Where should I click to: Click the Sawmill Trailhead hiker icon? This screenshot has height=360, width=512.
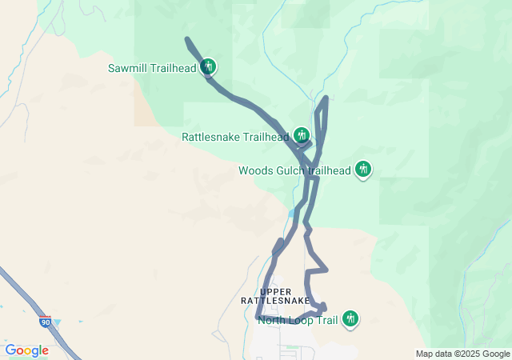coord(208,66)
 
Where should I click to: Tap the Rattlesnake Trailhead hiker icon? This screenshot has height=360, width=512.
coord(302,135)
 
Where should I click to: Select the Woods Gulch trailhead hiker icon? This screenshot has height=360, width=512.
coord(363,169)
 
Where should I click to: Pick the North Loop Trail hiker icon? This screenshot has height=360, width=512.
coord(350,319)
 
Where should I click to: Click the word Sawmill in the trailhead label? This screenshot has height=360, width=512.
coord(128,68)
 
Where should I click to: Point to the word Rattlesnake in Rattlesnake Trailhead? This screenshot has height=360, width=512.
coord(210,137)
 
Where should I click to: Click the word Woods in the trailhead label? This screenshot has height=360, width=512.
coord(256,170)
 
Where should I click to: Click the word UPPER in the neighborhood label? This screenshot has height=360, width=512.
coord(275,291)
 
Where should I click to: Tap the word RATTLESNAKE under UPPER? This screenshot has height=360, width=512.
coord(275,301)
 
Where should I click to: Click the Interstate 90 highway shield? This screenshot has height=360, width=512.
coord(45,322)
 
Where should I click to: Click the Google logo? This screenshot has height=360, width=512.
coord(26,350)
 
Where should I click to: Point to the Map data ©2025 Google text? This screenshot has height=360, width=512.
coord(462,354)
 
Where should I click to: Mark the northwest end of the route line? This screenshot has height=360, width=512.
coord(186,39)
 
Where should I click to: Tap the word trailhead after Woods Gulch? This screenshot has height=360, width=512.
coord(330,170)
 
